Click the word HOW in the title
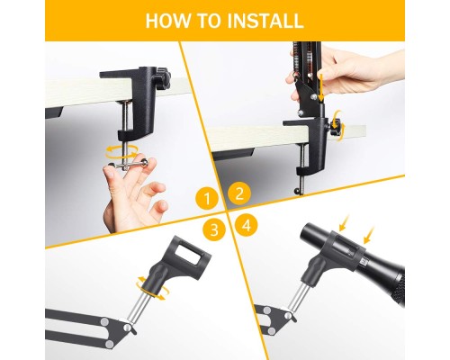coord(169,21)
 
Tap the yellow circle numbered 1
coord(207,195)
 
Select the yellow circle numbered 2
coord(238,193)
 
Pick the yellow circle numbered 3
coord(213,229)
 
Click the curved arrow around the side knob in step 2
coord(338,118)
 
